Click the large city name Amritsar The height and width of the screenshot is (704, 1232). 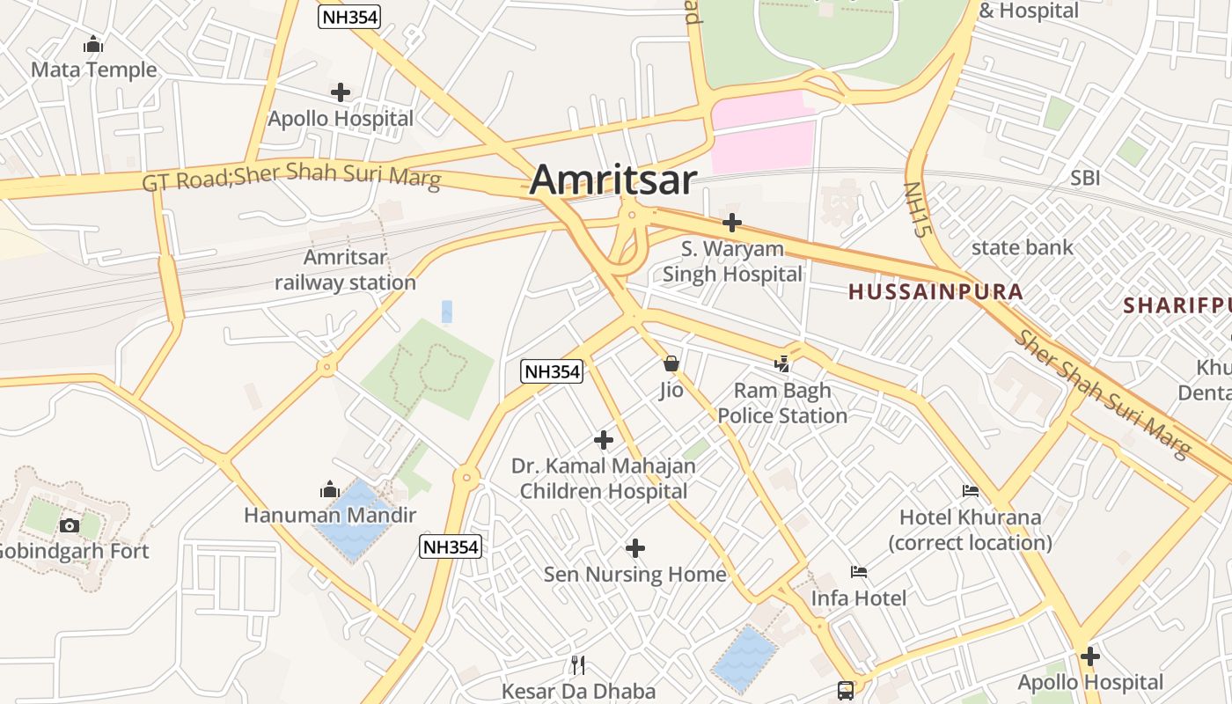click(613, 180)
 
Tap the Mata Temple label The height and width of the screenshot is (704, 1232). click(93, 70)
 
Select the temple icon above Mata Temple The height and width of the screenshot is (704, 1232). click(93, 43)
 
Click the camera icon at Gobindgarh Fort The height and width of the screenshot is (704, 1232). click(69, 525)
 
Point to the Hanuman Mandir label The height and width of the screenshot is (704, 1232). click(330, 516)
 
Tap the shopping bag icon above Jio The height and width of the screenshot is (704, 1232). click(671, 363)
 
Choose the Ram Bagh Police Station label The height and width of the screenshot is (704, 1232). click(782, 403)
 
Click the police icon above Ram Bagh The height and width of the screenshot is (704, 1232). click(782, 363)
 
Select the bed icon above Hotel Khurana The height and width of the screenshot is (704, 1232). click(971, 490)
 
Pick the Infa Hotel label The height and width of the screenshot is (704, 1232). click(858, 598)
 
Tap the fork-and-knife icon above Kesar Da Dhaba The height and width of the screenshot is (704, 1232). click(578, 664)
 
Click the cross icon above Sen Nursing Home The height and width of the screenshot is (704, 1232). click(634, 548)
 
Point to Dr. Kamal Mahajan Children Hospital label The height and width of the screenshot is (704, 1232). click(604, 478)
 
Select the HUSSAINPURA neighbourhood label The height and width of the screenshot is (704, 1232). click(935, 292)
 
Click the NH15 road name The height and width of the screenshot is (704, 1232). click(917, 210)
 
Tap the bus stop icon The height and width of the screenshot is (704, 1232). click(846, 691)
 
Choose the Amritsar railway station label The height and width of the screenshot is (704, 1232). click(345, 270)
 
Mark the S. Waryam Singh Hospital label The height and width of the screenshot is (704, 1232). click(732, 261)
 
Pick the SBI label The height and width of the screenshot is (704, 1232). click(1085, 178)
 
